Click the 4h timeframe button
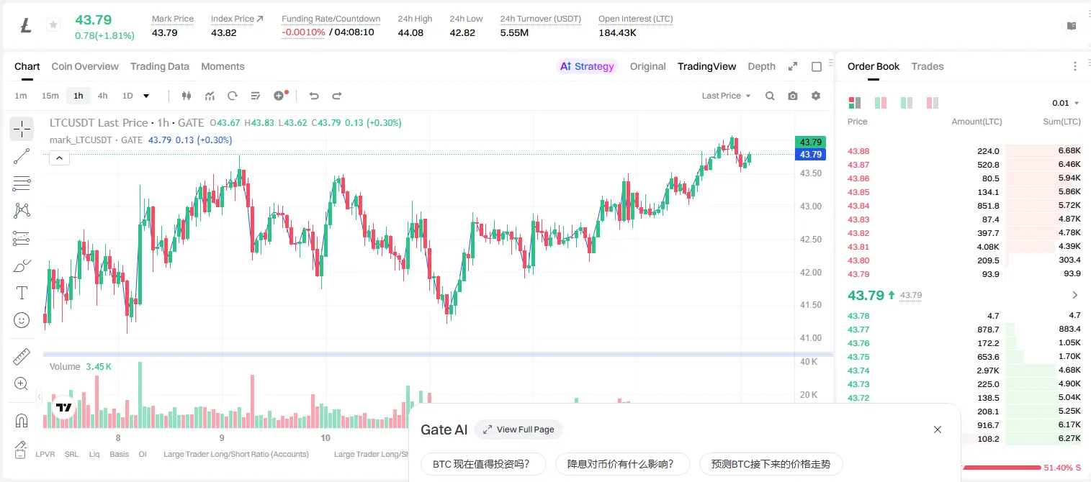pos(102,96)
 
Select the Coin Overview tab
pos(85,66)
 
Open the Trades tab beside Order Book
pos(928,66)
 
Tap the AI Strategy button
pos(587,66)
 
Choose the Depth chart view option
pos(761,66)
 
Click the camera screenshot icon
pos(793,96)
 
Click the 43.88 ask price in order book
pos(858,151)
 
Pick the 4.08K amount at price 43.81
pos(988,247)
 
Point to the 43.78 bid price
pos(858,316)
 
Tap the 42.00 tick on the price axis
pos(810,273)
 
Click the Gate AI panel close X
pos(938,429)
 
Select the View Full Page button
pos(518,429)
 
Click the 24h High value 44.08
pos(410,32)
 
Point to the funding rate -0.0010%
pos(303,32)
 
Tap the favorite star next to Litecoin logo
pos(53,24)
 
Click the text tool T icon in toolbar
pos(22,293)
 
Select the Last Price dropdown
pos(726,96)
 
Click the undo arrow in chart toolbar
pos(314,96)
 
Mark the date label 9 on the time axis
pos(222,437)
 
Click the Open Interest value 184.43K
pos(617,32)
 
